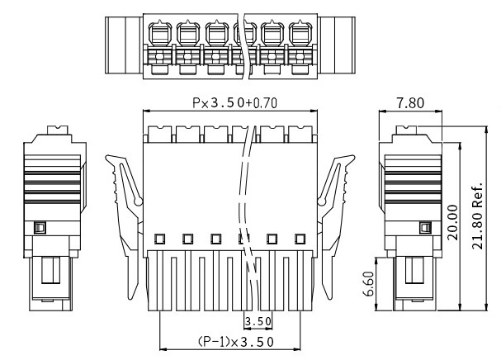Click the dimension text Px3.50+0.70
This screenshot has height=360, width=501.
pos(230,105)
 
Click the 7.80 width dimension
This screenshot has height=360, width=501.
pos(410,104)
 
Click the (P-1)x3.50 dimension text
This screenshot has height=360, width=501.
pos(230,341)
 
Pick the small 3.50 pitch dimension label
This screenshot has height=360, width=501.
pos(258,320)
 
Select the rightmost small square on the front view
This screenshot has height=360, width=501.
pos(300,239)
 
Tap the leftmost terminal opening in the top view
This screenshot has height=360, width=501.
pos(159,36)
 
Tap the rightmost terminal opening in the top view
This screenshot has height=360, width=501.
pos(300,36)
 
